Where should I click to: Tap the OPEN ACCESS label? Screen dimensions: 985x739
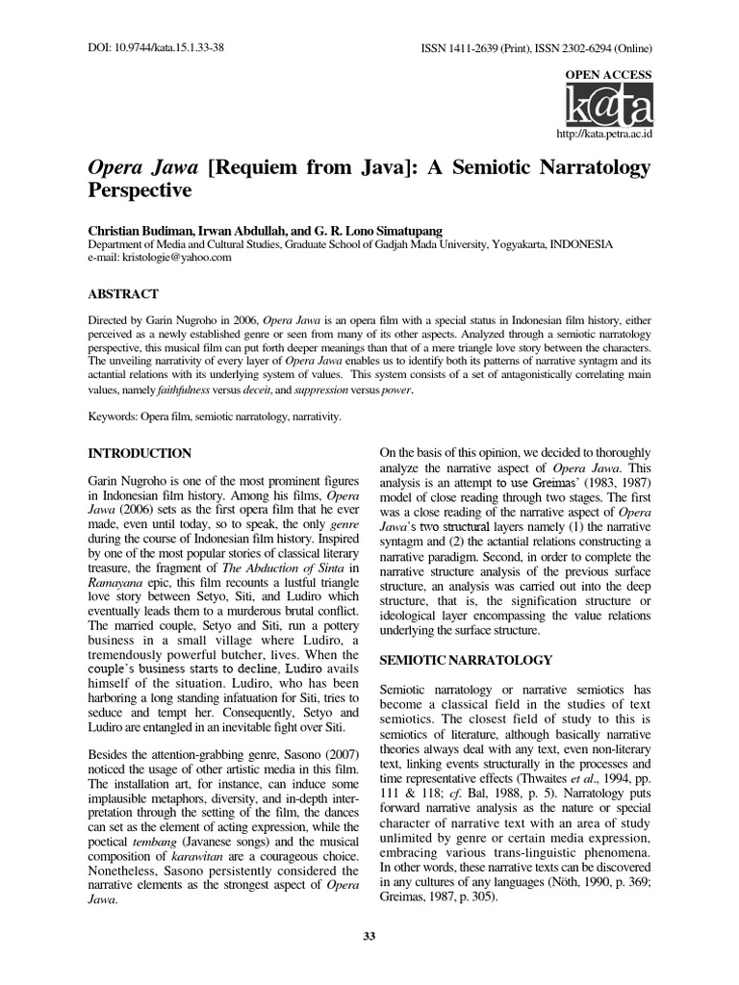click(x=614, y=75)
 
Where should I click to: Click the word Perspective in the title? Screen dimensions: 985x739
click(x=140, y=190)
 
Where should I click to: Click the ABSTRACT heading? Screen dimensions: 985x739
click(x=123, y=293)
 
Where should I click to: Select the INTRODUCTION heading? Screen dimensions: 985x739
click(x=140, y=453)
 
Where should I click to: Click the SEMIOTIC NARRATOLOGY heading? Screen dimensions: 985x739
click(x=466, y=660)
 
